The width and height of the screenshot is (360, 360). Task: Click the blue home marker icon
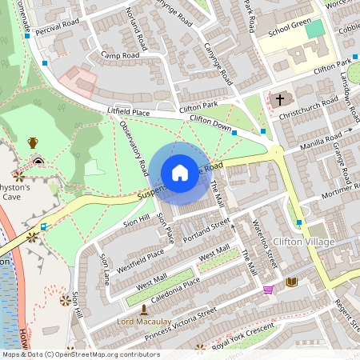pyautogui.click(x=180, y=173)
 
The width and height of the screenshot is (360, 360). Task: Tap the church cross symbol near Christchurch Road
pyautogui.click(x=279, y=101)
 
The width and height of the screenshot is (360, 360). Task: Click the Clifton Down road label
pyautogui.click(x=210, y=122)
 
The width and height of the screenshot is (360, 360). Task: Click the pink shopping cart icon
pyautogui.click(x=269, y=290)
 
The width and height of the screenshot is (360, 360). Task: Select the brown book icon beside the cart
pyautogui.click(x=291, y=282)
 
